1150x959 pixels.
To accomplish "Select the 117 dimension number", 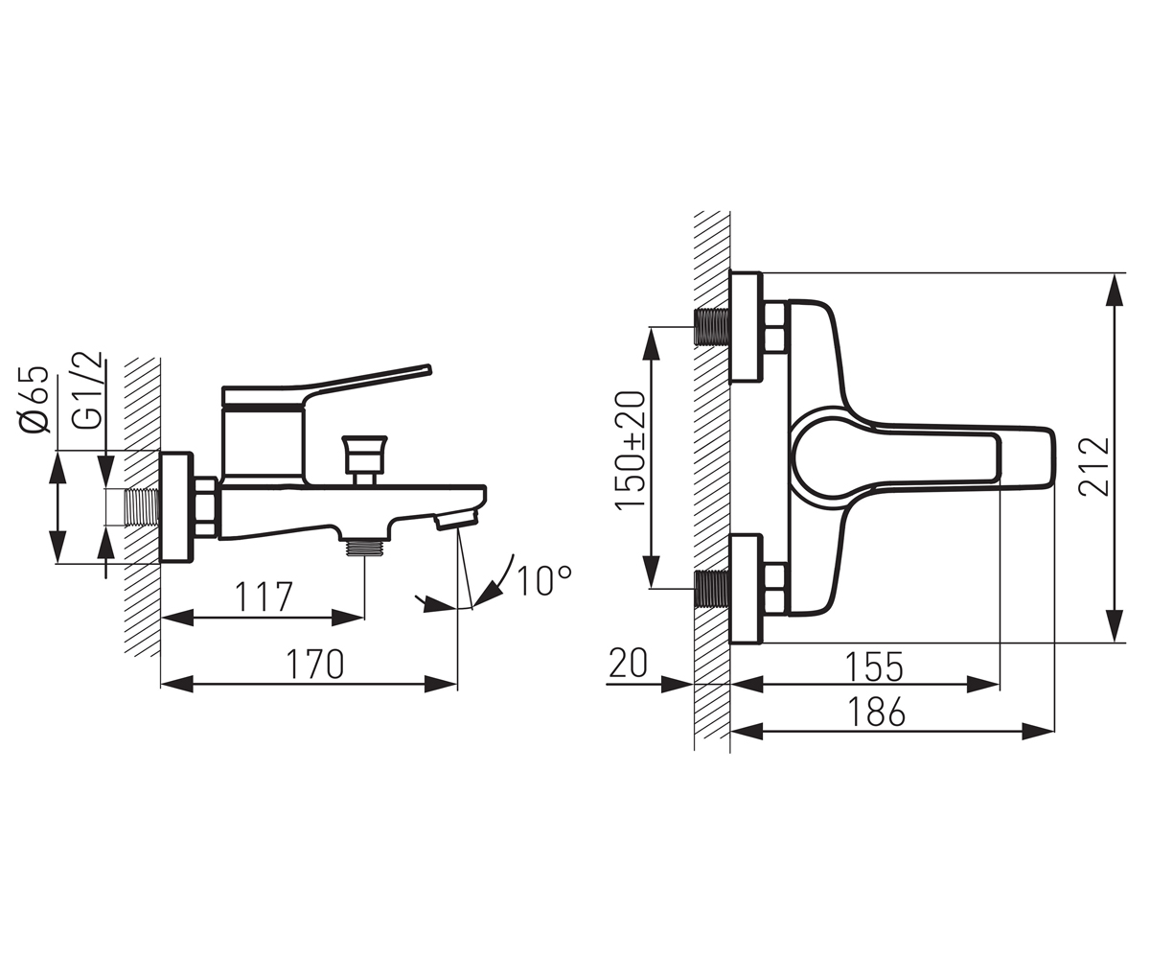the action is [264, 596].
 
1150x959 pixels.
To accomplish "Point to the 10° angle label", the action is [544, 580].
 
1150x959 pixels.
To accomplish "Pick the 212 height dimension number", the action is [1093, 468].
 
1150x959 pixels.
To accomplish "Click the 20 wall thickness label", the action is [629, 664].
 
